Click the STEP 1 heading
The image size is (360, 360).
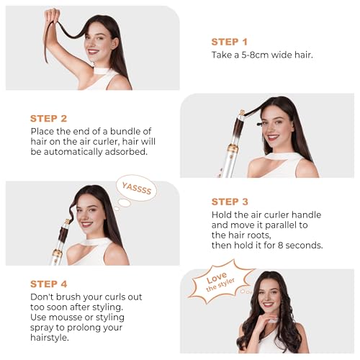[229, 42]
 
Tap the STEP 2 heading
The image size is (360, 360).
[48, 118]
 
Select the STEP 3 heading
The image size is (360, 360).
[230, 202]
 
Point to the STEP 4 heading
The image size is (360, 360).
[48, 284]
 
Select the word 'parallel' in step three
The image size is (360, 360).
[279, 225]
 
